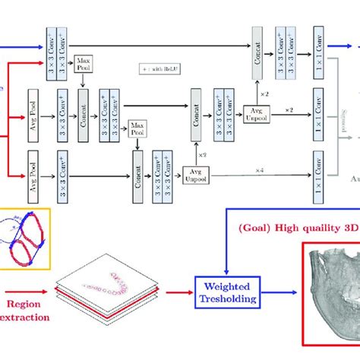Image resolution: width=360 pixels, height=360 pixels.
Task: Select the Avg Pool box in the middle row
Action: click(x=32, y=107)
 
